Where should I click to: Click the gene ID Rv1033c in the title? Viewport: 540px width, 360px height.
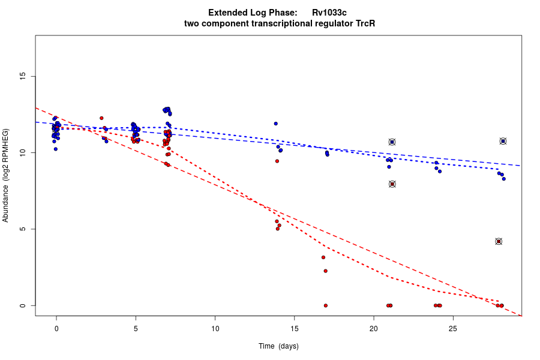(x=329, y=13)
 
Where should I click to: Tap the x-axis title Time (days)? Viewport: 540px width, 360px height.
(x=278, y=346)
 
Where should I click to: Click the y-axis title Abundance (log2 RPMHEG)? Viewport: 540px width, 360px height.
(x=6, y=175)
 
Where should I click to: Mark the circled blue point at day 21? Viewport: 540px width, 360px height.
(x=392, y=142)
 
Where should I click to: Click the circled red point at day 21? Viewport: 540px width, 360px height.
(x=392, y=184)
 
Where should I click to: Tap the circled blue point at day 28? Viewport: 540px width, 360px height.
(x=503, y=141)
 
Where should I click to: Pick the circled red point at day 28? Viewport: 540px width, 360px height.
(x=499, y=241)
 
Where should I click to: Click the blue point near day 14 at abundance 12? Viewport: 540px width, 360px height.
(x=275, y=124)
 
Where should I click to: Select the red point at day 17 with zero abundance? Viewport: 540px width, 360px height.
(x=326, y=305)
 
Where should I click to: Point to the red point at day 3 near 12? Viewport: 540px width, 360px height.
(x=101, y=118)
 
